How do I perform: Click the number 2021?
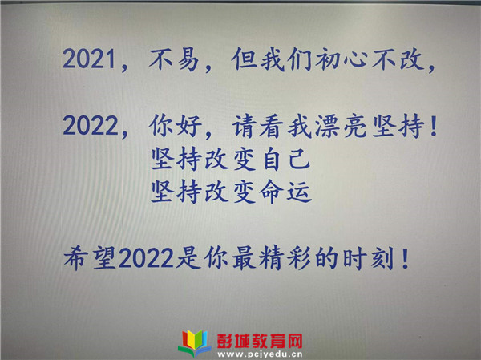click(89, 59)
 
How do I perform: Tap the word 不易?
click(174, 59)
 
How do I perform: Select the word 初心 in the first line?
click(341, 59)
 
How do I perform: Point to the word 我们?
click(286, 59)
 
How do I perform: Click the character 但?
click(245, 59)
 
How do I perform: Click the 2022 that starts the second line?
click(91, 125)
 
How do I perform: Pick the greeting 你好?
click(176, 126)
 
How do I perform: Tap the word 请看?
click(257, 126)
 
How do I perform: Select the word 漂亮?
click(341, 126)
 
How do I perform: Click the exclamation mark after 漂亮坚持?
click(434, 126)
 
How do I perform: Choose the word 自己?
click(287, 159)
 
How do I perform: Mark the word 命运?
click(285, 192)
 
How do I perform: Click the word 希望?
click(90, 258)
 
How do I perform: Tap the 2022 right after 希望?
click(146, 258)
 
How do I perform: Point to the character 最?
click(244, 258)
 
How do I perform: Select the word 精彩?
click(285, 258)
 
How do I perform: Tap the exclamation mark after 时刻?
click(406, 258)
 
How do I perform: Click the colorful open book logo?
click(195, 343)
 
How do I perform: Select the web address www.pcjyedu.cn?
click(260, 354)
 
